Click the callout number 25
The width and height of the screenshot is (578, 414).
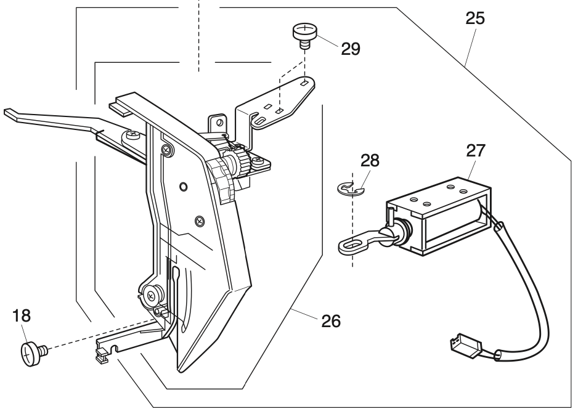(x=475, y=18)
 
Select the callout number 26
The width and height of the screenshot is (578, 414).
(x=330, y=321)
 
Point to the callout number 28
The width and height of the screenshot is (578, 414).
(x=370, y=161)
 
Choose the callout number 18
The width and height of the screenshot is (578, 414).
(x=22, y=316)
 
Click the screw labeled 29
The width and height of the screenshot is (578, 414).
(x=303, y=33)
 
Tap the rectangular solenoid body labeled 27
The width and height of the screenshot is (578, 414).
(x=439, y=219)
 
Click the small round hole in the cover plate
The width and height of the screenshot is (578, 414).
(x=182, y=186)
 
